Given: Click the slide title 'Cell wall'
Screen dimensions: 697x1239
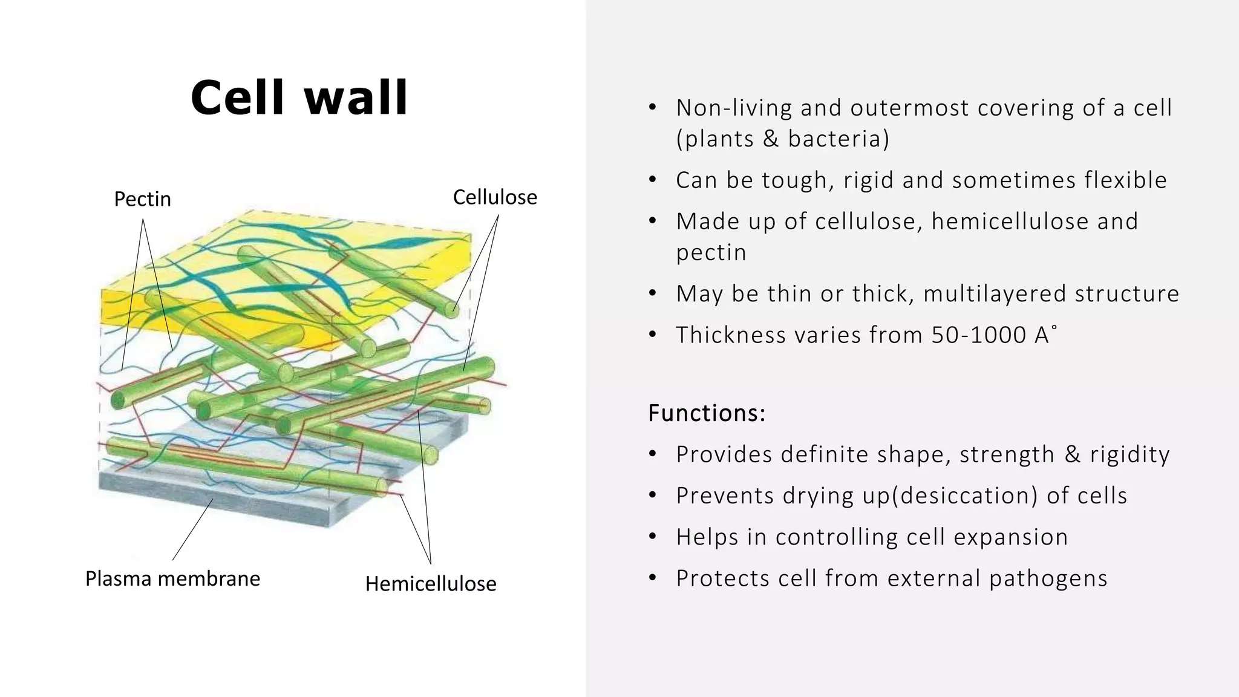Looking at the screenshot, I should tap(299, 98).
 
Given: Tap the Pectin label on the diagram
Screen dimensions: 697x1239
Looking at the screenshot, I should tap(143, 199).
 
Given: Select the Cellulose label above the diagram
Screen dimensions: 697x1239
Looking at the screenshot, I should tap(495, 197).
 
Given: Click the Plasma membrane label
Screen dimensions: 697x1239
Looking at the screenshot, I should tap(172, 578).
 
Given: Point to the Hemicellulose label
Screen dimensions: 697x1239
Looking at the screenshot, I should tap(431, 584).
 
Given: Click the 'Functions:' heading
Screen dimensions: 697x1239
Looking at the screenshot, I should tap(707, 413).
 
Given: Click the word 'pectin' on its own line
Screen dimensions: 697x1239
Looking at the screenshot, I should tap(711, 253).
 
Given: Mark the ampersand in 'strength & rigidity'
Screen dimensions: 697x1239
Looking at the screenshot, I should tap(1072, 454).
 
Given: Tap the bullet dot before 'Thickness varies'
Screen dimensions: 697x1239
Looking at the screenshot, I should tap(652, 335).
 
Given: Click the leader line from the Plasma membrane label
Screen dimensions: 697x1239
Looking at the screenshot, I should tap(192, 529).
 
